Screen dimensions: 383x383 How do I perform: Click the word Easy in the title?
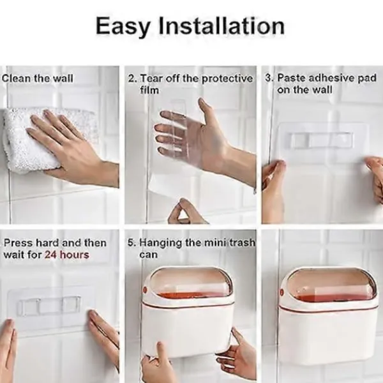122,26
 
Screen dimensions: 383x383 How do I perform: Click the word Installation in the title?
222,26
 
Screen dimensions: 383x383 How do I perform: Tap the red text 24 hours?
66,255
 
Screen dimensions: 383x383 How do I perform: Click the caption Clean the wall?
38,79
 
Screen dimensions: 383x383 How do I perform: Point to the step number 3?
269,78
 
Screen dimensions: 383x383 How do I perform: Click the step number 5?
131,243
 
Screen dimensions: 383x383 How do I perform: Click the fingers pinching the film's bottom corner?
186,212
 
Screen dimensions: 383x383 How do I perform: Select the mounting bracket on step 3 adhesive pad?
320,140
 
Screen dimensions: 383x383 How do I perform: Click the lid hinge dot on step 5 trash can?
145,290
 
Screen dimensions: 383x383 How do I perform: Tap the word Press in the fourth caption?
19,243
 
